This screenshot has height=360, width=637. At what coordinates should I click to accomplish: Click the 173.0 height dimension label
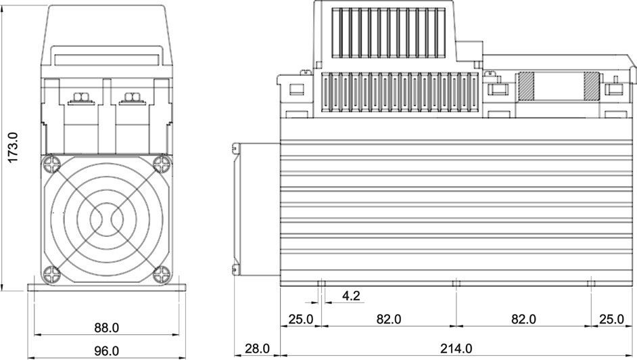point(13,147)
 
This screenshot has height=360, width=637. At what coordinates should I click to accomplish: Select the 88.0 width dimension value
point(107,328)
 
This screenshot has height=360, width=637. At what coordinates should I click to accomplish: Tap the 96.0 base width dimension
point(107,351)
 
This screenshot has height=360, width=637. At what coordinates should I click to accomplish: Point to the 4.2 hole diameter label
point(351,296)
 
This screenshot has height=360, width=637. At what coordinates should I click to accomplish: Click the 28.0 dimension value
point(257,348)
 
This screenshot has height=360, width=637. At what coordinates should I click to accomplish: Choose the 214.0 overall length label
point(456,348)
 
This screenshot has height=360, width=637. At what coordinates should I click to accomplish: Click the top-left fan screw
point(52,164)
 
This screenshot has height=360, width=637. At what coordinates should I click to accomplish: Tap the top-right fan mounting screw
point(162,164)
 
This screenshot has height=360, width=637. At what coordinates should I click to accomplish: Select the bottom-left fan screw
point(52,274)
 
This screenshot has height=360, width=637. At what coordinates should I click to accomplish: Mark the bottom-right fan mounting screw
point(162,274)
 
